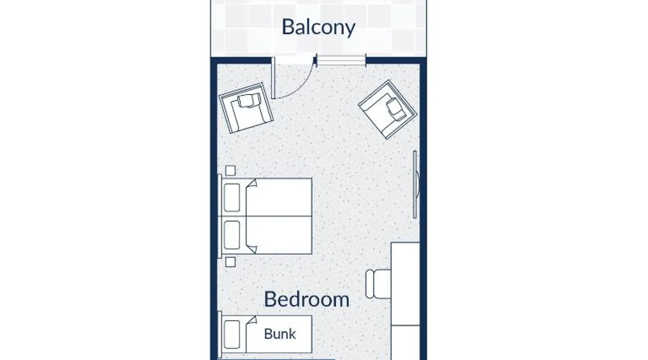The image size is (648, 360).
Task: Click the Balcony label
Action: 318,27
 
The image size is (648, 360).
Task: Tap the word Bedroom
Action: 307,300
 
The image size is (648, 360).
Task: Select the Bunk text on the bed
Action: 280,334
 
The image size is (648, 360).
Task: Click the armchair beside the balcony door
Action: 246,108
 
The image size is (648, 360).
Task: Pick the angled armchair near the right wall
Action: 388,109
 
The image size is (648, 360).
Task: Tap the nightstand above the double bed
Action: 230,170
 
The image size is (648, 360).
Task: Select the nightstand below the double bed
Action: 230,262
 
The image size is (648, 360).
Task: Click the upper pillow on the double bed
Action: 232,198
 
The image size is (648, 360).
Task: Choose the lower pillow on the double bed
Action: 232,235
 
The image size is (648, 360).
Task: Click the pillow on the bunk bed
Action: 232,334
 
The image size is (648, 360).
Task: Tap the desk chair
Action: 378,284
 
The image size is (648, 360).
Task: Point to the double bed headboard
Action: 220,216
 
